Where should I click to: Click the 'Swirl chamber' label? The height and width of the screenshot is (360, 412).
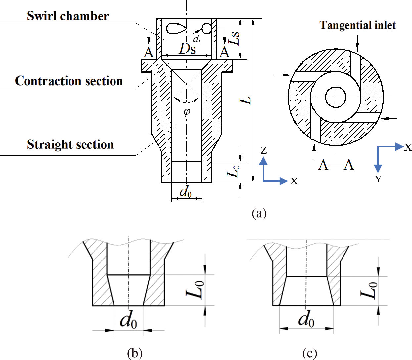point(68,16)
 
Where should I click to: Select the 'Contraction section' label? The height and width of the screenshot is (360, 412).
point(69,81)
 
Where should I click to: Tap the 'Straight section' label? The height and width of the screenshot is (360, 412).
point(70,145)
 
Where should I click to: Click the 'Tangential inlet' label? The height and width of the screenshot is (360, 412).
point(358,25)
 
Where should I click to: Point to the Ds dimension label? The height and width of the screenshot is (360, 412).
point(187,49)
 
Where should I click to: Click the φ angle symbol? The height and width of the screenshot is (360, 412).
point(187,112)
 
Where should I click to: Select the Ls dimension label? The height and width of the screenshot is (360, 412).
point(234,38)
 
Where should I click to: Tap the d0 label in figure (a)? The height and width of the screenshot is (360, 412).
point(185,192)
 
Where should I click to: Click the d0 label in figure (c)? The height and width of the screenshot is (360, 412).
point(306,320)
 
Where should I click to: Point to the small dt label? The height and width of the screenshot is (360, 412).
point(197,39)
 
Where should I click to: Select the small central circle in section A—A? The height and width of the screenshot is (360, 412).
point(336,97)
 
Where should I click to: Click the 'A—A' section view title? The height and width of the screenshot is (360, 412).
point(336,164)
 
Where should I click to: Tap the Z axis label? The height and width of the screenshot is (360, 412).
point(263,151)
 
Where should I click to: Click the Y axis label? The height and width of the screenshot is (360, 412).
point(378,179)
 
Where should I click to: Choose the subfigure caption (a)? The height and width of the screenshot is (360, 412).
point(259,213)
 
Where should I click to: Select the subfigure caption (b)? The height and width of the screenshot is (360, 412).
point(135,353)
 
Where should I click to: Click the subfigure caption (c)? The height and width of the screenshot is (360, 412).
point(310,353)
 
